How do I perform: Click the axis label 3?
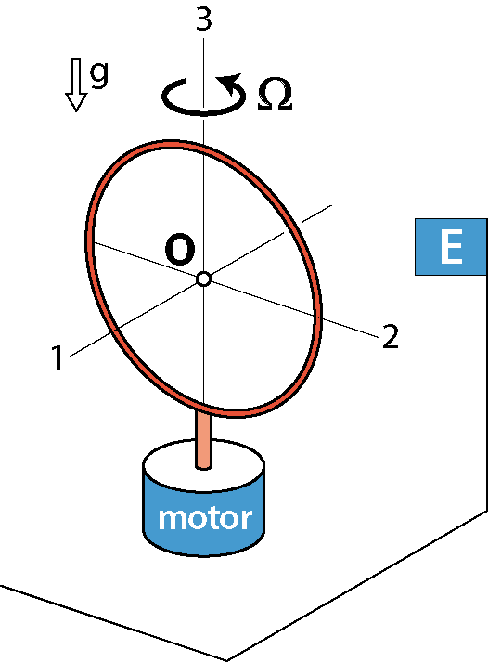click(204, 19)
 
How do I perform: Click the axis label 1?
click(58, 357)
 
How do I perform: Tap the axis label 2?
click(391, 336)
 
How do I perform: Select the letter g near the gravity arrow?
click(99, 74)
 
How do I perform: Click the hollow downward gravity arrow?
click(76, 85)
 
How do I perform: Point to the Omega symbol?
click(275, 94)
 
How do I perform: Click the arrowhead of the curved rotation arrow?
click(228, 83)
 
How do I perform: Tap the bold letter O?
click(180, 249)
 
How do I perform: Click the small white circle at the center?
click(204, 279)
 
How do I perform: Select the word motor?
click(205, 518)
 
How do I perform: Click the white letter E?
click(451, 247)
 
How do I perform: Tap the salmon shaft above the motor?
click(204, 439)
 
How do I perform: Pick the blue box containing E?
click(451, 247)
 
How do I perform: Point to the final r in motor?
click(247, 519)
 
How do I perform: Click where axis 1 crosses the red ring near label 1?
click(114, 331)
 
